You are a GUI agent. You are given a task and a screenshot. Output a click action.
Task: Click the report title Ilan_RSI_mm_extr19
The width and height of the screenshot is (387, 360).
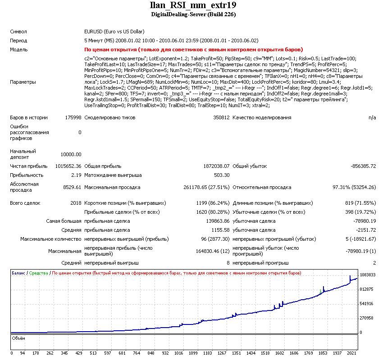point(193,5)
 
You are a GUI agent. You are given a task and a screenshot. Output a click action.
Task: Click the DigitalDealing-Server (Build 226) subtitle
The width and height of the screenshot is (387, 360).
point(193,14)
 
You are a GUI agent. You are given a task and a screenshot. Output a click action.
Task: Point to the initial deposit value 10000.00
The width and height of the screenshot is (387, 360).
point(72,154)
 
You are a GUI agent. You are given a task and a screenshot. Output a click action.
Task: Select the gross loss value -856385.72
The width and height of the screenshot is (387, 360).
point(363,166)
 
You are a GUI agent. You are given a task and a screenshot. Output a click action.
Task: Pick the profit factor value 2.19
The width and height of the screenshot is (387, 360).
point(76,175)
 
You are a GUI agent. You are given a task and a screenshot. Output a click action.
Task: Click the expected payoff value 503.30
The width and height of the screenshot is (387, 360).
point(221,175)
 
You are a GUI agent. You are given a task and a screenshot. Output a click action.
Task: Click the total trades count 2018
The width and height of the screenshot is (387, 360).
point(76,203)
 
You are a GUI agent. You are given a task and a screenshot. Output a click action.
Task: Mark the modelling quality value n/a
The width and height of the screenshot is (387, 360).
point(372,117)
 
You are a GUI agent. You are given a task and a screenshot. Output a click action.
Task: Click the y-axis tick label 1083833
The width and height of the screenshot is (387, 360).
point(368,274)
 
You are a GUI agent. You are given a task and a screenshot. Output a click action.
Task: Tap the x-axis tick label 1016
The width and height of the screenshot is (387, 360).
point(178,353)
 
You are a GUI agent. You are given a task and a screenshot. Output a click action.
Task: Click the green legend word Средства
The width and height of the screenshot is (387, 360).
point(39,273)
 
